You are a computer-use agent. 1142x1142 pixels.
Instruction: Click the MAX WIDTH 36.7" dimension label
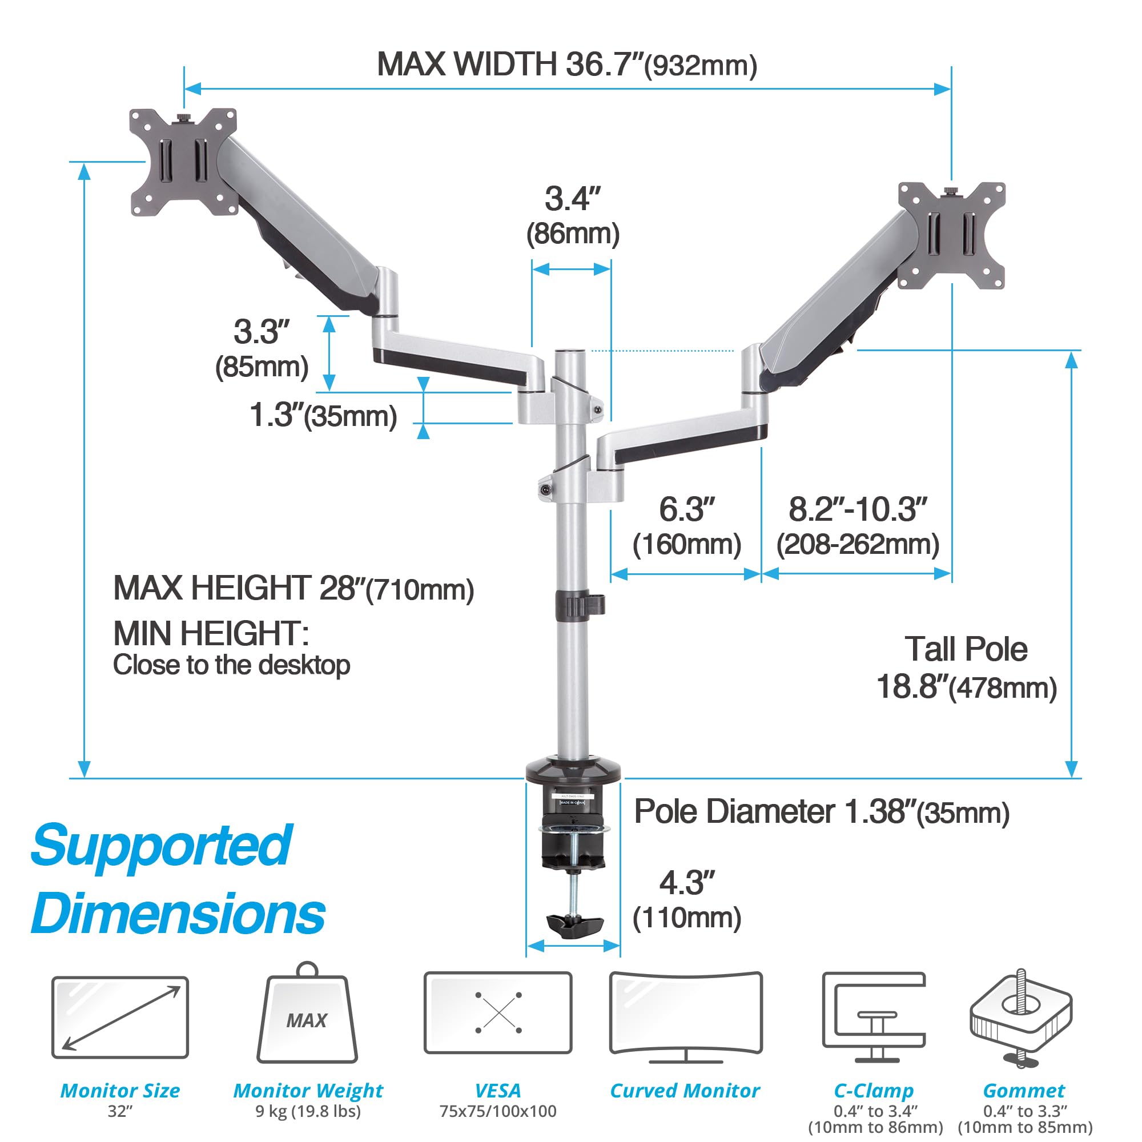pyautogui.click(x=566, y=64)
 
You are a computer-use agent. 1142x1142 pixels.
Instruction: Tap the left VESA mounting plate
pyautogui.click(x=183, y=162)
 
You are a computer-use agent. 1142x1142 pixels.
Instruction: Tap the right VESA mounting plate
pyautogui.click(x=951, y=235)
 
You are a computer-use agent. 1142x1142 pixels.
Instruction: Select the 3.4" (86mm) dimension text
pyautogui.click(x=572, y=216)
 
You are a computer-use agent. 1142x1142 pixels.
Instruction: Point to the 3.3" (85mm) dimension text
pyautogui.click(x=262, y=349)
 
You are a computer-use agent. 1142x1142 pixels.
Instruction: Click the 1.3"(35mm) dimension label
pyautogui.click(x=323, y=416)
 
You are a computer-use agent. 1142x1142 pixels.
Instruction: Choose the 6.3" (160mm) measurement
pyautogui.click(x=686, y=526)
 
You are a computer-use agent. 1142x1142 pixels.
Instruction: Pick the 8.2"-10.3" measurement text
pyautogui.click(x=857, y=526)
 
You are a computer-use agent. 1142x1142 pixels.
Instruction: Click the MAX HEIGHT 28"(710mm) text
pyautogui.click(x=293, y=589)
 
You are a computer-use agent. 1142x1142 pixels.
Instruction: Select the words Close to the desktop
pyautogui.click(x=231, y=665)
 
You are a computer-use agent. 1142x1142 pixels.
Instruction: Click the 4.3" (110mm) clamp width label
pyautogui.click(x=686, y=900)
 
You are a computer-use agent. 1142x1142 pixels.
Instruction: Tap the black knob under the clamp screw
pyautogui.click(x=574, y=925)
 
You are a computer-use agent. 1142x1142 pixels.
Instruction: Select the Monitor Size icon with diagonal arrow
pyautogui.click(x=120, y=1018)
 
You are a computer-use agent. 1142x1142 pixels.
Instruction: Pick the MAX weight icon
pyautogui.click(x=307, y=1018)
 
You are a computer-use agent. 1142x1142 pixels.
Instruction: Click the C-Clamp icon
pyautogui.click(x=874, y=1018)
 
